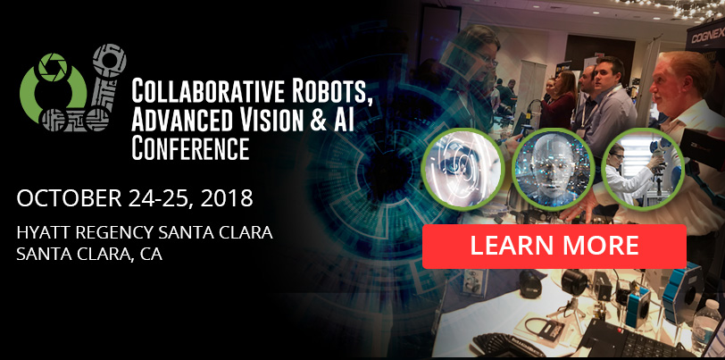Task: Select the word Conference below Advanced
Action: point(190,147)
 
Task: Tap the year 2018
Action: point(225,197)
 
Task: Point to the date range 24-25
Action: point(166,197)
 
